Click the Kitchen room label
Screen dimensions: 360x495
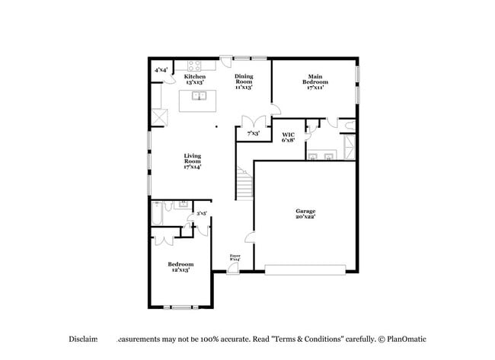click(x=194, y=80)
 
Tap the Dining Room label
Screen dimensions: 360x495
click(x=244, y=80)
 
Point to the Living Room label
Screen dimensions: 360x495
click(x=192, y=161)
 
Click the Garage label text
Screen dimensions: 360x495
click(x=305, y=214)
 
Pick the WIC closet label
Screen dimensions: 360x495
click(x=289, y=137)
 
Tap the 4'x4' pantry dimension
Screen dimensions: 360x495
click(x=161, y=70)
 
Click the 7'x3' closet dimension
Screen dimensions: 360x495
click(x=253, y=133)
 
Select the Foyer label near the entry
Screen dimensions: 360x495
click(x=235, y=258)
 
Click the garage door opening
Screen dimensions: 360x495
click(x=305, y=267)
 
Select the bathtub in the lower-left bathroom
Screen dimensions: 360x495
click(x=156, y=215)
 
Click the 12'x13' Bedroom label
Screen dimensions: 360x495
click(x=180, y=266)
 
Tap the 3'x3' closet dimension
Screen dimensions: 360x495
click(x=202, y=214)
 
